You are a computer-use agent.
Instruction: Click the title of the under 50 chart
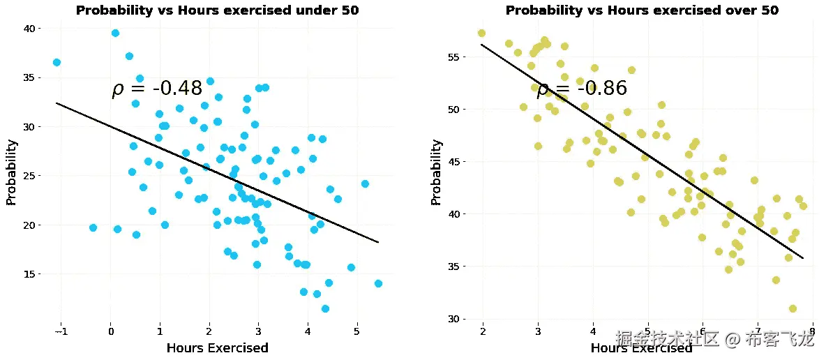click(217, 10)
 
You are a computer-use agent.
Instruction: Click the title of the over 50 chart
click(642, 10)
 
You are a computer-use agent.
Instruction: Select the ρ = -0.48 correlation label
click(157, 89)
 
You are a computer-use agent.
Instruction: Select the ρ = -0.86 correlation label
click(582, 89)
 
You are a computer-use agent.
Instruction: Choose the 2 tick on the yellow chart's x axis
click(483, 330)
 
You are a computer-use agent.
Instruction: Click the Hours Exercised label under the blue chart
click(217, 347)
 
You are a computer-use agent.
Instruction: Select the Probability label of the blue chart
click(11, 172)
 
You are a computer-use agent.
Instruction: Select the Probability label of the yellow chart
click(436, 172)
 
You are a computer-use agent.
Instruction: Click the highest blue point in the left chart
click(115, 33)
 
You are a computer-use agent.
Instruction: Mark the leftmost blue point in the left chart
click(57, 62)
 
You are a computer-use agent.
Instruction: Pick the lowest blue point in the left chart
click(325, 308)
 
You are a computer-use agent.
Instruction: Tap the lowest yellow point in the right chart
click(793, 308)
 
